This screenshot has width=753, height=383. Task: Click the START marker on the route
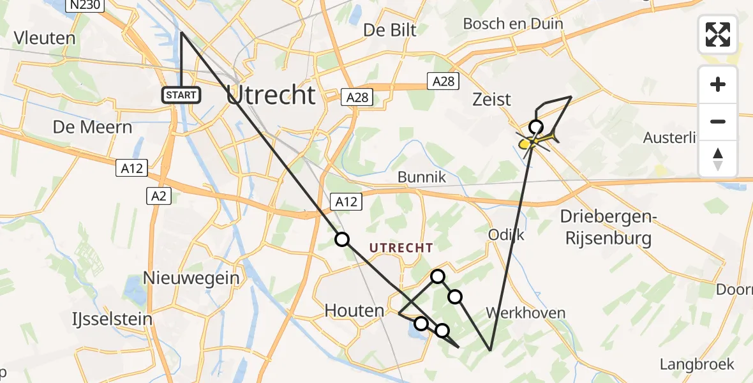[182, 96]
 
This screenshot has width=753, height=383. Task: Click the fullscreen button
[718, 34]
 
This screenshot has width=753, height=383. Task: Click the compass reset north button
[718, 159]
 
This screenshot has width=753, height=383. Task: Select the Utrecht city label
[271, 95]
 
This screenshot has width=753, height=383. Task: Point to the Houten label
[354, 311]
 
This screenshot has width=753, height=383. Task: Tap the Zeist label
[491, 99]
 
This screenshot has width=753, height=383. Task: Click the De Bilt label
[389, 30]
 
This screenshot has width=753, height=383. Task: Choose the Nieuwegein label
[191, 278]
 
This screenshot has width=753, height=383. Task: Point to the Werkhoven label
[525, 313]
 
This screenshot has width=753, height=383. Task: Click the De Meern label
[93, 127]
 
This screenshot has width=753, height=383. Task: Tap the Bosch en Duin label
[513, 24]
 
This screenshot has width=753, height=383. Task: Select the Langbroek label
[696, 364]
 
